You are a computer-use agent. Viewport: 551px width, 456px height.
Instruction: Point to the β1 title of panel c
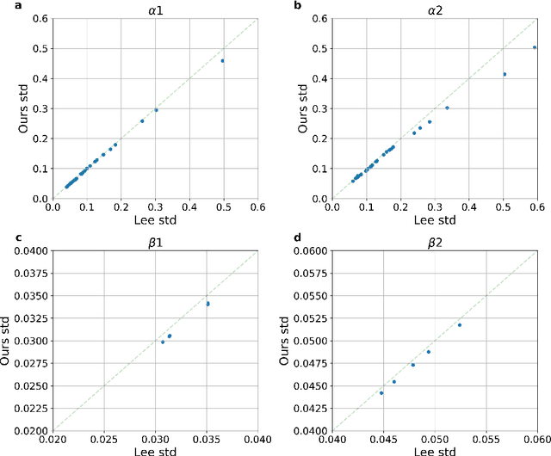pos(155,241)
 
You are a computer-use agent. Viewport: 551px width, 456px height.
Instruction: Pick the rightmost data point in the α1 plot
pos(223,61)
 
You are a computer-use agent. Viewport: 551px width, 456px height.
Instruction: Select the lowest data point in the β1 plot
pos(163,342)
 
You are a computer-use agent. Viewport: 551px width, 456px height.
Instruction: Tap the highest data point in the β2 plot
pos(460,324)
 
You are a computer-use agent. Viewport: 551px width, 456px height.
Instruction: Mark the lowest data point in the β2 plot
pos(381,392)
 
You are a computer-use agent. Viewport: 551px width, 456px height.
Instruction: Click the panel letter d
pos(283,237)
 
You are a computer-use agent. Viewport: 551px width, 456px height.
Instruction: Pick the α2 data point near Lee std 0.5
pos(505,74)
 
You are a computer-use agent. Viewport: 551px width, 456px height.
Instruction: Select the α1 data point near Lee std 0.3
pos(156,110)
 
